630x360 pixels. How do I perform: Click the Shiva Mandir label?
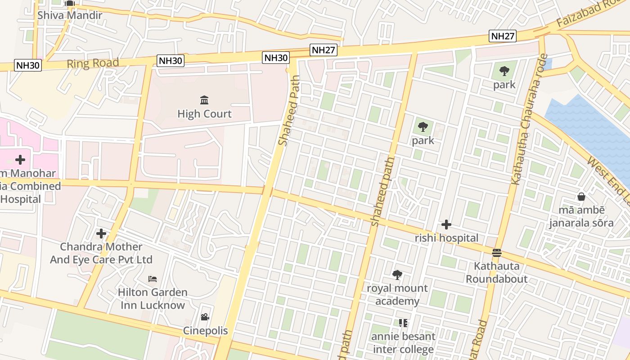[x=70, y=15]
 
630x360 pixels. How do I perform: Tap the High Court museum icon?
[x=204, y=100]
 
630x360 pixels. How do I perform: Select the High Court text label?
[x=204, y=114]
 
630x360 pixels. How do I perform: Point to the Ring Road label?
[x=93, y=63]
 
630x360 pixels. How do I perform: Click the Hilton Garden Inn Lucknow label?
[x=153, y=299]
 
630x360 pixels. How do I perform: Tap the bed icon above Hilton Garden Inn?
[x=153, y=279]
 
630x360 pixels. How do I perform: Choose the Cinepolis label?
[x=205, y=331]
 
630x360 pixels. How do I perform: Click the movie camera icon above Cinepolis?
[x=205, y=317]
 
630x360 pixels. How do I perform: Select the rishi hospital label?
[x=446, y=238]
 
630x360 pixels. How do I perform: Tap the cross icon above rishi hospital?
[x=446, y=224]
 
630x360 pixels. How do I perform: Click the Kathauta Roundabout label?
[x=497, y=272]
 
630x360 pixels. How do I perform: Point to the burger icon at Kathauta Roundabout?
[x=497, y=253]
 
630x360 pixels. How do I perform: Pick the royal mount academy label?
[x=397, y=294]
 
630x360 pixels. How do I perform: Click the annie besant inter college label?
[x=403, y=343]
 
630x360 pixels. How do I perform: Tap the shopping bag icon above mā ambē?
[x=581, y=197]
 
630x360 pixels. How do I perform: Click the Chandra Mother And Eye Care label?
[x=101, y=253]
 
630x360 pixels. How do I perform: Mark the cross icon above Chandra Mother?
[x=101, y=234]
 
